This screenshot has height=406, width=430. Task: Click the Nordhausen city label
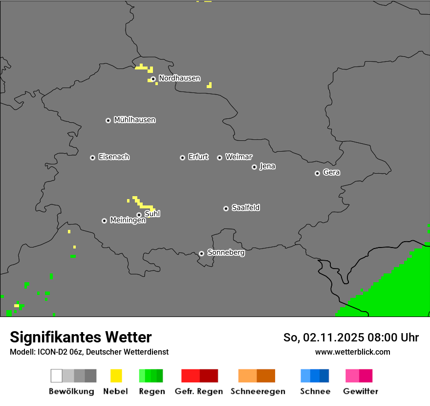tap(179, 78)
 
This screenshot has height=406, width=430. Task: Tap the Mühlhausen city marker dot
tap(108, 120)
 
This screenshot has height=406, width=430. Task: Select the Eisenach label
tap(114, 157)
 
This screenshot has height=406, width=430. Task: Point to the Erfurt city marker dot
tap(182, 158)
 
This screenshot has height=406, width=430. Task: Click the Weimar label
tap(239, 157)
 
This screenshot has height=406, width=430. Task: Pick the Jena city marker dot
tap(254, 167)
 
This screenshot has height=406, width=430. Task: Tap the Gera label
tap(331, 173)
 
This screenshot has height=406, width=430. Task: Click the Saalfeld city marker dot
tap(226, 208)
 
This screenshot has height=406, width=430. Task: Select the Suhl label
tap(152, 214)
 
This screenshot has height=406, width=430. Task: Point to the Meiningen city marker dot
tap(104, 221)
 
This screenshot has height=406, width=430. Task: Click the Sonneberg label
tap(226, 253)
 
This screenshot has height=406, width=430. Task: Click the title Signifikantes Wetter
tap(81, 338)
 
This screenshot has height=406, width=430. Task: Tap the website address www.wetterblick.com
tap(353, 352)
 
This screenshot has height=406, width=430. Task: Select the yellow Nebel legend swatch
tap(116, 376)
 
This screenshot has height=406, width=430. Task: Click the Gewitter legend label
tap(361, 391)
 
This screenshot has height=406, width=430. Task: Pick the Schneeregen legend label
tap(258, 391)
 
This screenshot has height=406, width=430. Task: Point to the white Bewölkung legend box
tap(57, 376)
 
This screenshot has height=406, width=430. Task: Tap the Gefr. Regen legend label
tap(199, 391)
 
